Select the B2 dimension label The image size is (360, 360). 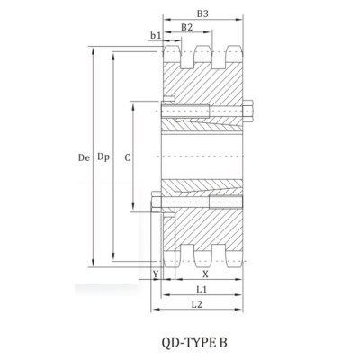(187, 28)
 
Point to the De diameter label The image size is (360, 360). (82, 157)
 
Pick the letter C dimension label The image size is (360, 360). (127, 157)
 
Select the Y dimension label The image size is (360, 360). (156, 274)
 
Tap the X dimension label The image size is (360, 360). (205, 274)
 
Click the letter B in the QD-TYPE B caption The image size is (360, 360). (223, 342)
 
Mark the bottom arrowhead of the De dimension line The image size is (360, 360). (94, 265)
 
